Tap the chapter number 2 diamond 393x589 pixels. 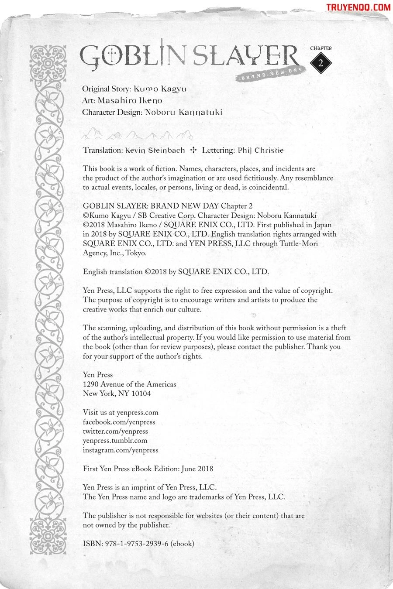[x=321, y=62]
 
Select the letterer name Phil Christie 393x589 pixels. [x=261, y=151]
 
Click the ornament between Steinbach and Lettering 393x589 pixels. [x=193, y=151]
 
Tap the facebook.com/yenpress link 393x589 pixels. [x=119, y=422]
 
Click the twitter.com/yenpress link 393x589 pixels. [x=115, y=431]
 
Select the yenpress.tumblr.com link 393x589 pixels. [x=115, y=441]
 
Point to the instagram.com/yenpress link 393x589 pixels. [x=121, y=450]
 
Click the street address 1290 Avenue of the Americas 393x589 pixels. [x=130, y=384]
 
